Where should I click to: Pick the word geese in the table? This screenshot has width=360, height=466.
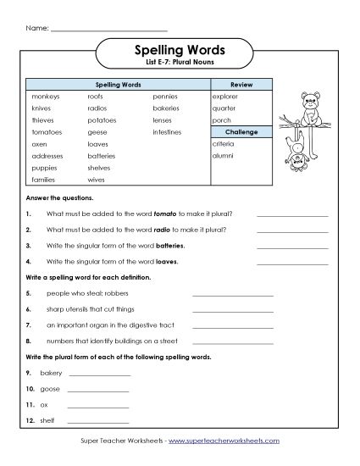97,133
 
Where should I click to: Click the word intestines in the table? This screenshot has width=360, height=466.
167,133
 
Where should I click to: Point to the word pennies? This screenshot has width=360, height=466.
165,97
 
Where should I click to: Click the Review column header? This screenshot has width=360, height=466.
242,86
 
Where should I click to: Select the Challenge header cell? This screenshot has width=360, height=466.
242,133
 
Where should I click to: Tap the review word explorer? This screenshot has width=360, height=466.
228,97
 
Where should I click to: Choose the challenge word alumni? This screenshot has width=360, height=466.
224,157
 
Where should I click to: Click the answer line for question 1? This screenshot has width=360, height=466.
291,214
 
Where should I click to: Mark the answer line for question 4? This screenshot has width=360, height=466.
291,262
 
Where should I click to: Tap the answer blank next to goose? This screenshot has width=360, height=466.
97,390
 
